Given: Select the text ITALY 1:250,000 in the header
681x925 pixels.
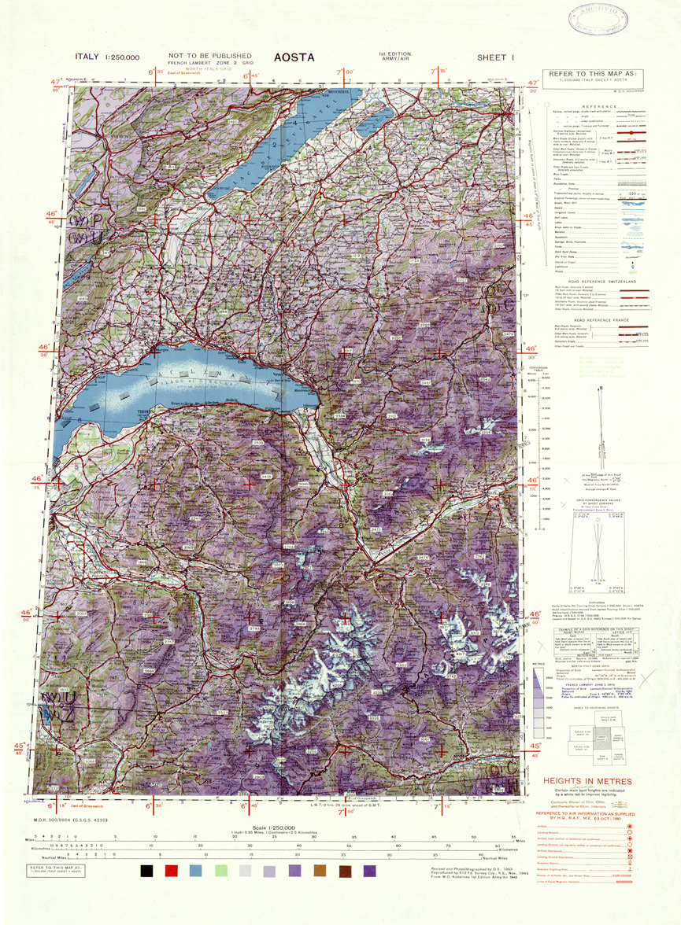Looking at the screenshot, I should pos(107,57).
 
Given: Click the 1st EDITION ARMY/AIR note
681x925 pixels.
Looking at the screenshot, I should pos(394,56).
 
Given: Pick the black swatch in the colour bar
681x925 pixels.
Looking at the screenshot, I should pos(146,871).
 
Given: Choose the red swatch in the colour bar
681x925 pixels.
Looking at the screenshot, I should pos(171,871).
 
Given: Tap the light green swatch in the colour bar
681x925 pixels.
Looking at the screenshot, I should pos(220,871).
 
